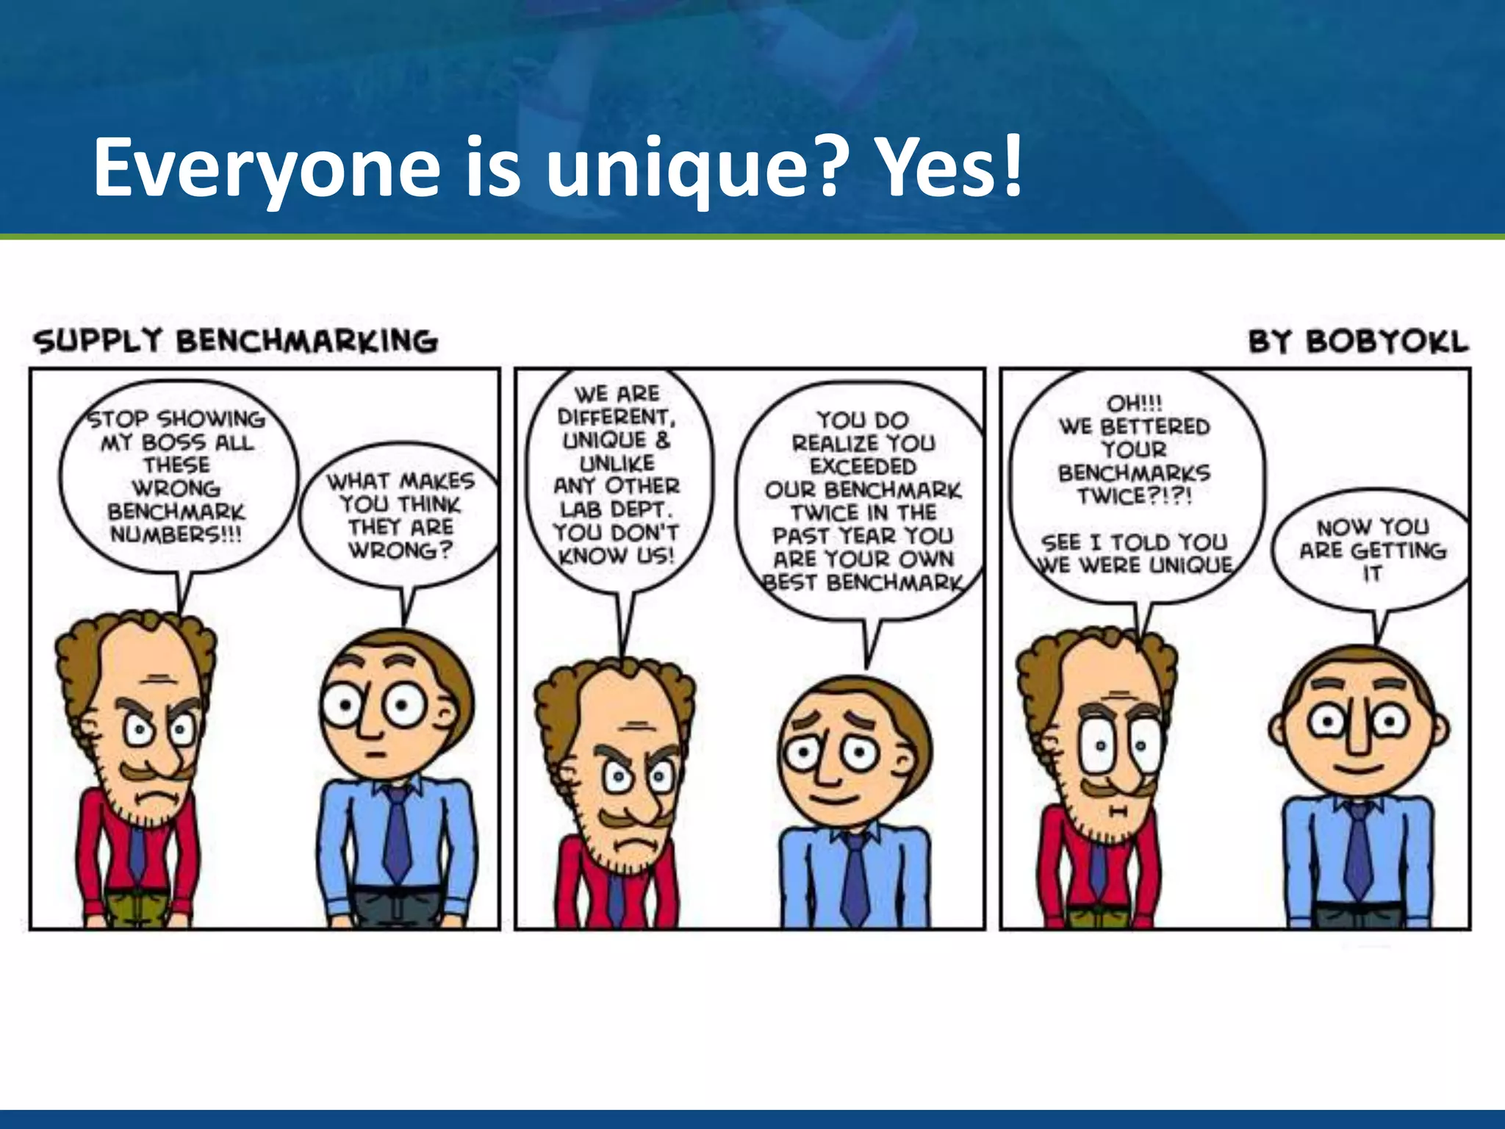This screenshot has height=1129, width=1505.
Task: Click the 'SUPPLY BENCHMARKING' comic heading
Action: pos(235,342)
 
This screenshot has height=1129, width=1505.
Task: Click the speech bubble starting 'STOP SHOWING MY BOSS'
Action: pos(176,478)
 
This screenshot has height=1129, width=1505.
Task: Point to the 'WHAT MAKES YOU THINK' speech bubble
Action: pos(401,515)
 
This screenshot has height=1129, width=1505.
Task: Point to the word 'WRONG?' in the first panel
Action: pos(401,551)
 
